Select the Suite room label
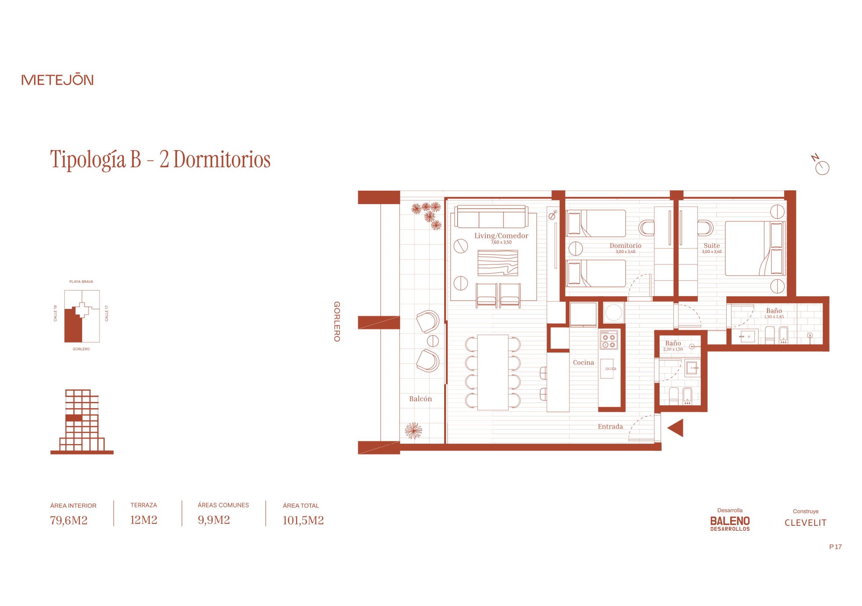[x=711, y=245]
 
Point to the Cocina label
[x=583, y=362]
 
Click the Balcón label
[x=420, y=398]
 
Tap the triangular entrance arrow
[x=675, y=427]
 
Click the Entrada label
[x=610, y=426]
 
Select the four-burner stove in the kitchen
[x=608, y=340]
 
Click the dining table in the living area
[x=493, y=372]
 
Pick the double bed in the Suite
[x=755, y=248]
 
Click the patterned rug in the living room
[x=497, y=263]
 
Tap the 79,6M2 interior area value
[x=69, y=520]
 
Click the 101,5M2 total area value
[x=303, y=520]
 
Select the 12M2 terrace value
[x=143, y=520]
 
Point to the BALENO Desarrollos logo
[x=729, y=523]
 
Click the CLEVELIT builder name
[x=805, y=522]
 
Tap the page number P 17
[x=835, y=547]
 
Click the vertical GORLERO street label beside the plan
[x=337, y=321]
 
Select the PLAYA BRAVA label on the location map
[x=81, y=281]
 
